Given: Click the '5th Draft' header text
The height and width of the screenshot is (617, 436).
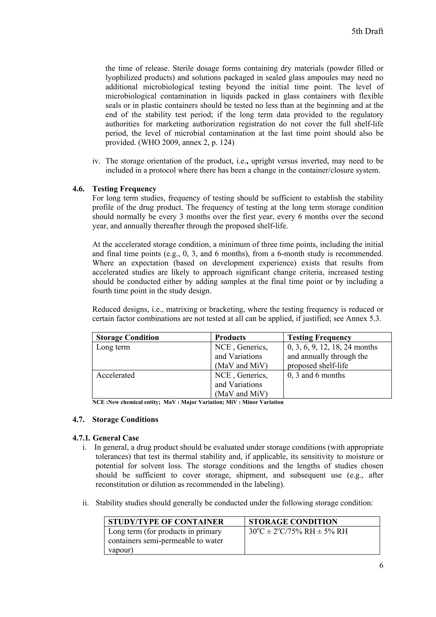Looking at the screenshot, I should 367,32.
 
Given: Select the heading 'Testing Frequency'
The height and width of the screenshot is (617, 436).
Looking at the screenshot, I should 124,189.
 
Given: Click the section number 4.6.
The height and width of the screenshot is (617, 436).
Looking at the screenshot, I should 78,189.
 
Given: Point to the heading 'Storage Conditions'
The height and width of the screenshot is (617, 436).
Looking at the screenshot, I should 125,420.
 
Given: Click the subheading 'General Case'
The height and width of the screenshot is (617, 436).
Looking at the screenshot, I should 116,438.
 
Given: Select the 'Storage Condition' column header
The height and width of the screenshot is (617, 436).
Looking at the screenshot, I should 127,338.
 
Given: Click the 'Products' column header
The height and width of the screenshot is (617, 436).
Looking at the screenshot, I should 230,338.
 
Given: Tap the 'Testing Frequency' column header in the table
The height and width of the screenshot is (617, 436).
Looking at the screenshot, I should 319,338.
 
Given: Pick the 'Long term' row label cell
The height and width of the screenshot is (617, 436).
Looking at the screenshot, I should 113,347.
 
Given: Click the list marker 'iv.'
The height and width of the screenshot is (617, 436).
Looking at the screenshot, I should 96,161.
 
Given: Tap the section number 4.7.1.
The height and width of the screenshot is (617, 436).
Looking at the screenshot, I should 82,438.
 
